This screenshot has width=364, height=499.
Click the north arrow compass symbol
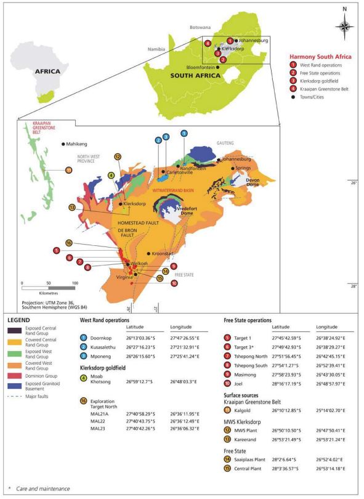344,26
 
